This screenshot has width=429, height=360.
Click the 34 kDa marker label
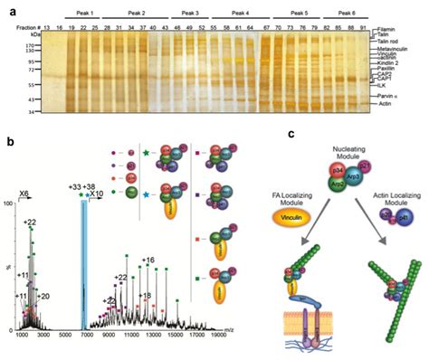tap(29, 112)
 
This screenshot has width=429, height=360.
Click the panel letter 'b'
tap(9, 141)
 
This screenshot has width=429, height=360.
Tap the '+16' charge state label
tap(148, 259)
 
